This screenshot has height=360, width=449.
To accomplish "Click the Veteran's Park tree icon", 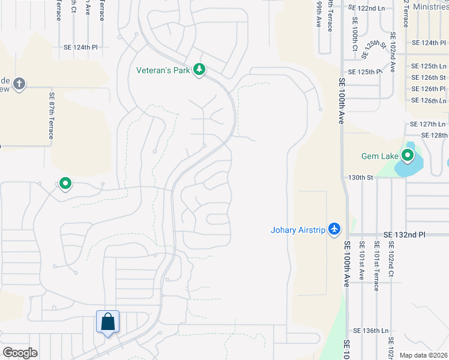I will point(199,70).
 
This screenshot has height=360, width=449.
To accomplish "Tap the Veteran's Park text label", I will point(163,70).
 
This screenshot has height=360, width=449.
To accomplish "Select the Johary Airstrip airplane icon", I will point(335,229).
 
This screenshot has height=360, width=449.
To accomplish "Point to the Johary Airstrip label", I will point(298,229).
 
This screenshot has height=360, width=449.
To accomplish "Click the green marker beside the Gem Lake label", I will point(408,157).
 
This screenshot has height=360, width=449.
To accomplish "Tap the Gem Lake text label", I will point(379,157).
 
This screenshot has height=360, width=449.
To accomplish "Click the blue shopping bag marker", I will point(107,322).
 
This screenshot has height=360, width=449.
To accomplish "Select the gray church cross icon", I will point(19,83).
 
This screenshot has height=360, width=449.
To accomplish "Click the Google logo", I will point(20,353).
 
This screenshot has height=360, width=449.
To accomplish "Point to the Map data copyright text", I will point(424,355).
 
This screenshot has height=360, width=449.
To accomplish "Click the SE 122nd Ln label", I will point(367,8).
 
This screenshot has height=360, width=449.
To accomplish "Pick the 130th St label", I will point(361,178).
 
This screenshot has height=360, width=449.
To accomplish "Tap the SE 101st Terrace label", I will point(376,266).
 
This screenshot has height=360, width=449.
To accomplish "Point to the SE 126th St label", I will point(429,77).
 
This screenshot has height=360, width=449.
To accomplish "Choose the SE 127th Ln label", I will point(427,124).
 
